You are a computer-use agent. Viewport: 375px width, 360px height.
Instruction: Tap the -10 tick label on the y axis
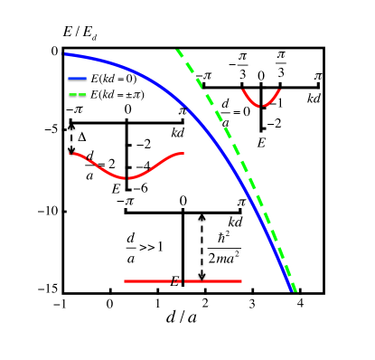coord(48,211)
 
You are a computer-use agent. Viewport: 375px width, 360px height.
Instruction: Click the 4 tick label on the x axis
coord(298,303)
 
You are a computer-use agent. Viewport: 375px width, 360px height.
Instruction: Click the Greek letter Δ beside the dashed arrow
coord(82,138)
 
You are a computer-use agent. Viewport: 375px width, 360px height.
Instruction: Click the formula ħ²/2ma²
coord(220,246)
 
